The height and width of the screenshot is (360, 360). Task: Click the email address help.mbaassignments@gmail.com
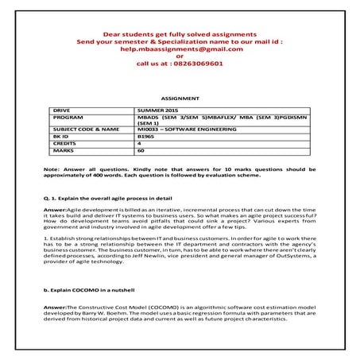click(180, 48)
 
